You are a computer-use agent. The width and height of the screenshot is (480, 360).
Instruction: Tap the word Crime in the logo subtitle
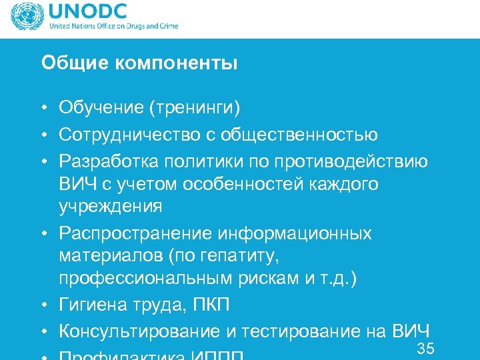point(167,27)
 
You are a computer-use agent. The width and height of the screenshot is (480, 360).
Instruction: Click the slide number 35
point(425,347)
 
